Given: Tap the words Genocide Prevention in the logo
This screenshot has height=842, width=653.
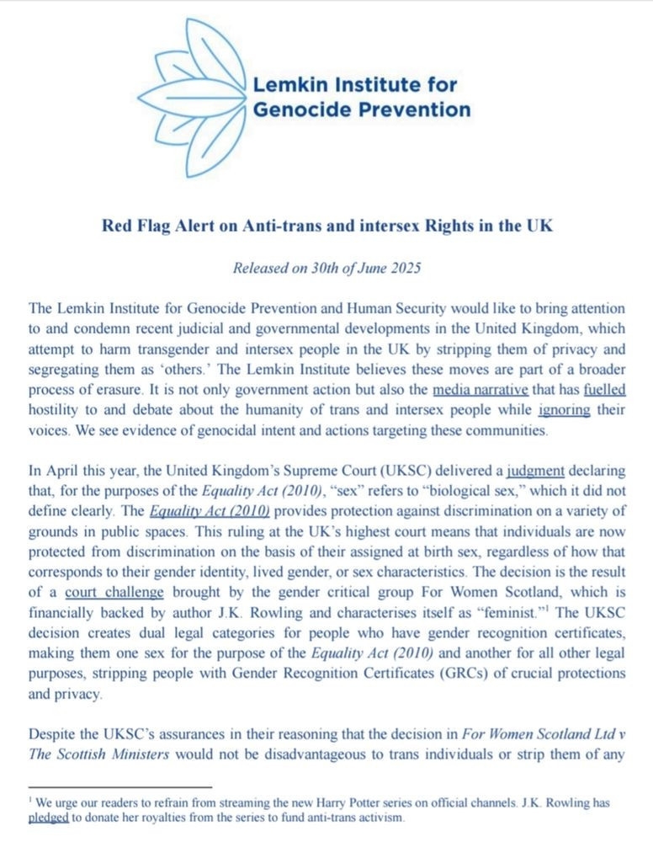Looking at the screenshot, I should pos(362,109).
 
